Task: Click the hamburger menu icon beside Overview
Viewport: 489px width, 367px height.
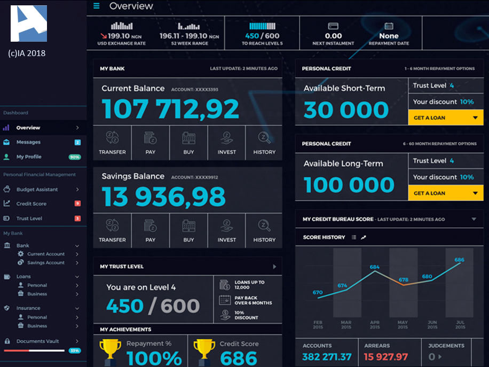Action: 97,6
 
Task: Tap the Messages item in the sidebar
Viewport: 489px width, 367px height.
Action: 28,142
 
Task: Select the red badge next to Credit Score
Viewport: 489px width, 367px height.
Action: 77,204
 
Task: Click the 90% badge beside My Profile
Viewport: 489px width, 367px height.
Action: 75,157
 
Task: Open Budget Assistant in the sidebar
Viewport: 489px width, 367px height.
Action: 37,190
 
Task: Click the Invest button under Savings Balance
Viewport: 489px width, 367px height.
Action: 226,231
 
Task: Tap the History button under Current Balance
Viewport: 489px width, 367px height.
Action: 264,143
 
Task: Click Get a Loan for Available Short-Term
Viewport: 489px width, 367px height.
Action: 446,118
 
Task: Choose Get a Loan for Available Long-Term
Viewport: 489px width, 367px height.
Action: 446,193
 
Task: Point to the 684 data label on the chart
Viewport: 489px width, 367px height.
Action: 375,267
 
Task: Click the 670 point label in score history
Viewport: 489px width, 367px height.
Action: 318,292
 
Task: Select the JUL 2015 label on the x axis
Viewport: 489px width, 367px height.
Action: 460,325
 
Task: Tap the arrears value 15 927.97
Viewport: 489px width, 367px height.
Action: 386,357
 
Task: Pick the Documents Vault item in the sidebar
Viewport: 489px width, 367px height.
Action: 37,341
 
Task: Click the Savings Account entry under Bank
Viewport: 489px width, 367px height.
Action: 46,262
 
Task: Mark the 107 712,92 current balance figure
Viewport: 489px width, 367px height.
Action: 170,109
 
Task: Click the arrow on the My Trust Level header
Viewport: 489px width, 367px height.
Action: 274,267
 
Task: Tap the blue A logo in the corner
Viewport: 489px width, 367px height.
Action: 29,24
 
